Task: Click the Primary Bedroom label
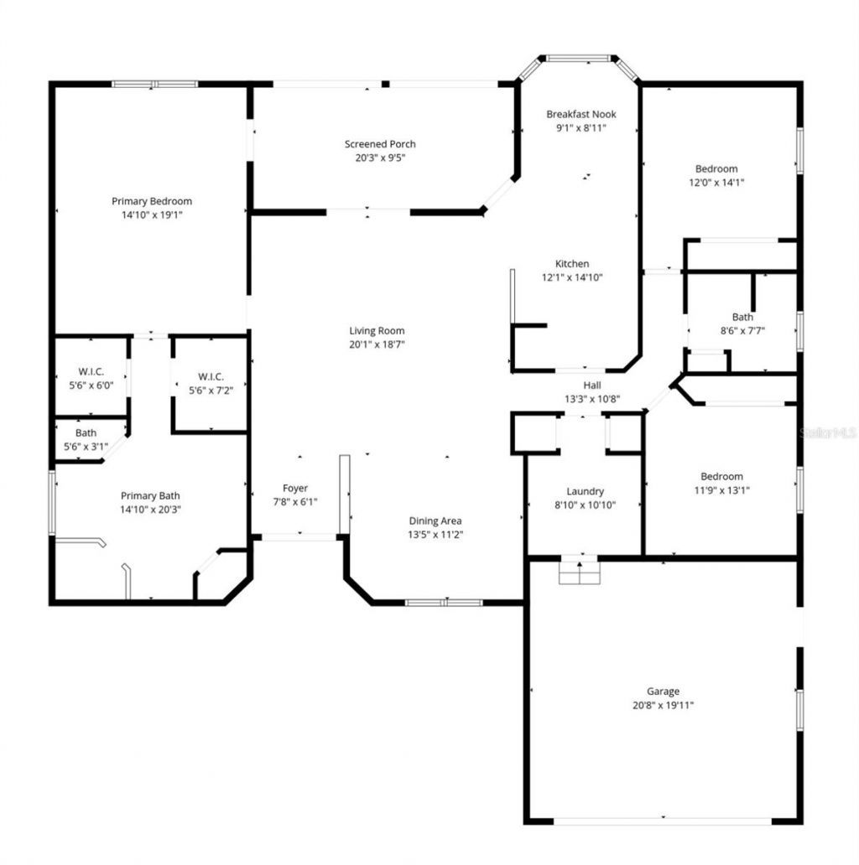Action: click(152, 201)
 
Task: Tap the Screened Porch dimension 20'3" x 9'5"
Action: click(380, 158)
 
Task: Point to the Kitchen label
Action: click(571, 264)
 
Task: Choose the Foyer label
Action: click(294, 488)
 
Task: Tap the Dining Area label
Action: click(435, 521)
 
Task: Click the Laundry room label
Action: click(585, 491)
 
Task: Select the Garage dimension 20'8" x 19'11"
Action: click(663, 705)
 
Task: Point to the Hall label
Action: click(591, 386)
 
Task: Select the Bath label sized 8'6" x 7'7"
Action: click(742, 317)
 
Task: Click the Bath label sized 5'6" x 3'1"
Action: click(86, 433)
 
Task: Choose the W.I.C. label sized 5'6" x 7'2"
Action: click(211, 376)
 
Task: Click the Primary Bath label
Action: click(150, 495)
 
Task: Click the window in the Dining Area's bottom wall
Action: click(443, 602)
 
